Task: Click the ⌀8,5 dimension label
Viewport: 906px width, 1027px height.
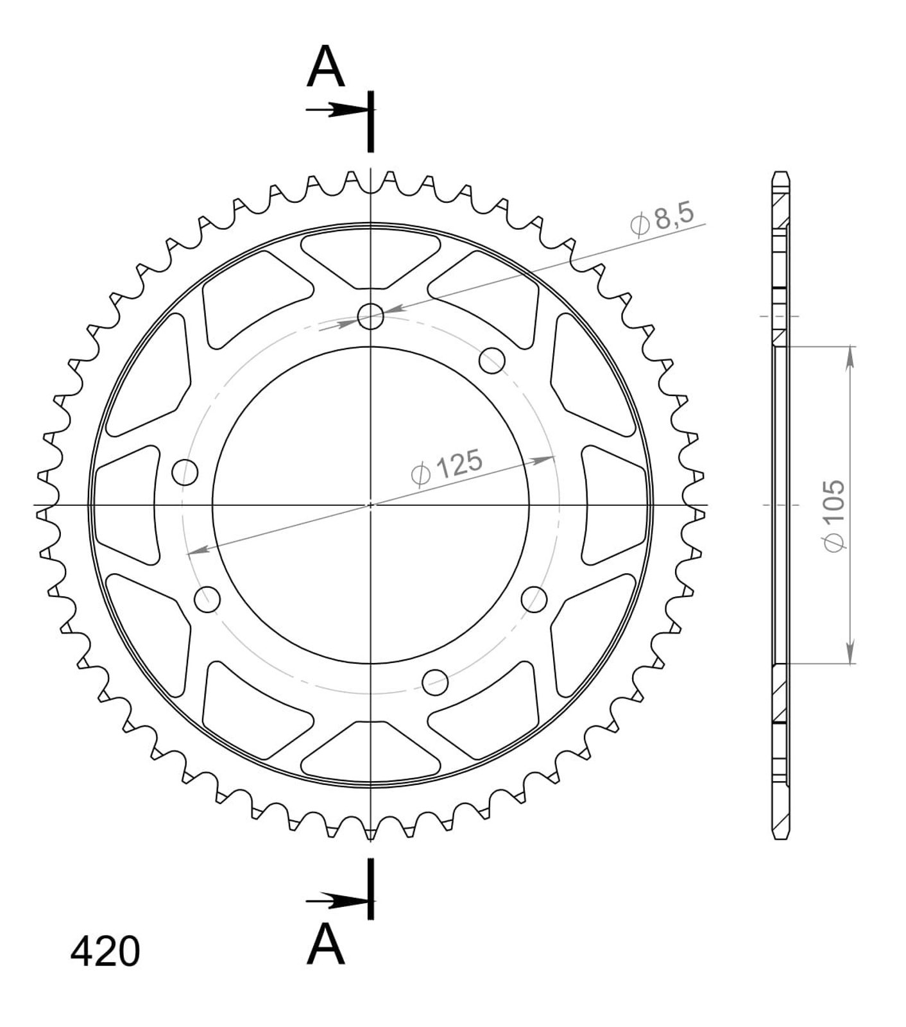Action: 663,221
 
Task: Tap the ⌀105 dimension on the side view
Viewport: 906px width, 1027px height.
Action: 833,514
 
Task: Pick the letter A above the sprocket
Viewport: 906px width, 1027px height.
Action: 326,67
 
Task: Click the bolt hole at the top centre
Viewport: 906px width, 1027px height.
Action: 371,316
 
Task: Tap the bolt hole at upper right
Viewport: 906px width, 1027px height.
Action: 492,360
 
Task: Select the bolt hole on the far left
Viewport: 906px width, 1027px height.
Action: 185,472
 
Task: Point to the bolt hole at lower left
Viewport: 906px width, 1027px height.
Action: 207,600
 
